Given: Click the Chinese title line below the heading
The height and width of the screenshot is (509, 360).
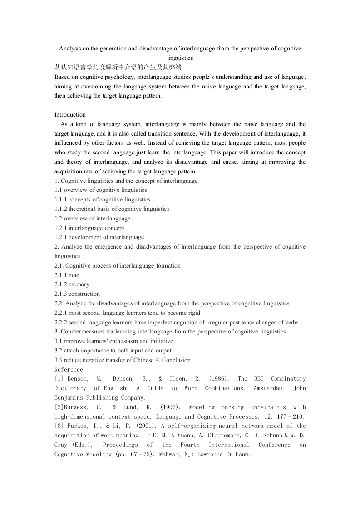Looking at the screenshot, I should pos(118,68).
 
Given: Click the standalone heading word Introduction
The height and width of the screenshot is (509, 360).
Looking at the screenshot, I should pos(70,115).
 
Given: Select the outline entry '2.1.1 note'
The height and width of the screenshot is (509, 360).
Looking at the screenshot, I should pos(67,275).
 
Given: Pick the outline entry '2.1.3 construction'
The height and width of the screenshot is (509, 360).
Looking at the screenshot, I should pos(77,294).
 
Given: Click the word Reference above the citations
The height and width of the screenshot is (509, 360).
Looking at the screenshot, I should pos(69,369).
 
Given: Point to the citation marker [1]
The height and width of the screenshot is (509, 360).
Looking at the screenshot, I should pos(59,379).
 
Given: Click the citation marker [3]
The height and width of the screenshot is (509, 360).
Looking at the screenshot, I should pos(59,426).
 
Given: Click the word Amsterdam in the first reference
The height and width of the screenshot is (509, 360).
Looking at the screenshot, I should pos(270,388).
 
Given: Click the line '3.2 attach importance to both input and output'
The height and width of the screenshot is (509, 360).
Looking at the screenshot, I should pos(113,351).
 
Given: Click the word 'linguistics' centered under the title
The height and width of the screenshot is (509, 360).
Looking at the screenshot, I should pos(180,58).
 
